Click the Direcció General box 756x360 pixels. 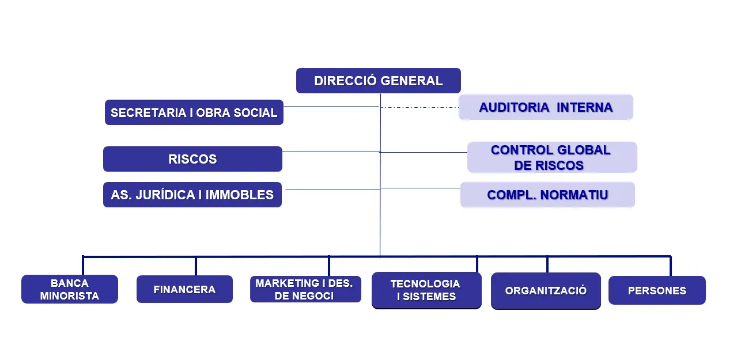click(379, 81)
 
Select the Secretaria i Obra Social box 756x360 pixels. click(194, 112)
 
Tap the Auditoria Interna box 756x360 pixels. click(546, 107)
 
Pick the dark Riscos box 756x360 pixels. click(192, 159)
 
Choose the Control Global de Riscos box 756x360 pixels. click(552, 157)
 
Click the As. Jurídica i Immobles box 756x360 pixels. click(192, 195)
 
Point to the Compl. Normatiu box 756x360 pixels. click(547, 195)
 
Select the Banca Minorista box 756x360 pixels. click(70, 289)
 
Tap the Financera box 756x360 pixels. click(184, 289)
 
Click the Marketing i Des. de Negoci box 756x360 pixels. click(305, 289)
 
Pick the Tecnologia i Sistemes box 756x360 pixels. click(426, 290)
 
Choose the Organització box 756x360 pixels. click(546, 290)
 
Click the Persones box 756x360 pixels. click(657, 290)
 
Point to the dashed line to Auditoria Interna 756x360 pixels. click(419, 107)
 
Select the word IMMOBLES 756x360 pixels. click(240, 195)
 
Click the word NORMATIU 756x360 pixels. click(574, 195)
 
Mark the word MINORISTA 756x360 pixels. click(70, 296)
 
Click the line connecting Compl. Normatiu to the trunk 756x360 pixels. click(421, 188)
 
